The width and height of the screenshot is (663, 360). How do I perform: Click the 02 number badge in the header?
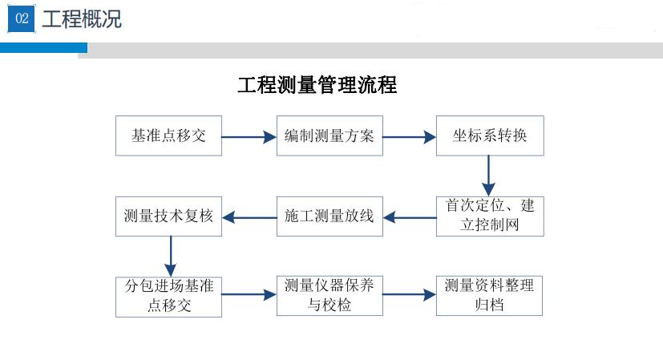click(x=22, y=20)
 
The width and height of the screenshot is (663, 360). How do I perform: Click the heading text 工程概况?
click(x=82, y=20)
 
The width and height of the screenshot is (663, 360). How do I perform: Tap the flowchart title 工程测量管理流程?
click(x=317, y=85)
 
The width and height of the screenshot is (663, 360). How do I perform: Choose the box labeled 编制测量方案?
click(x=329, y=136)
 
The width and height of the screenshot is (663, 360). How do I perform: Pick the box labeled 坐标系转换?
click(x=490, y=136)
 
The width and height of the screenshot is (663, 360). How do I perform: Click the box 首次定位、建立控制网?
click(x=490, y=216)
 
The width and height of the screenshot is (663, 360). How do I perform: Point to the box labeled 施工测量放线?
click(x=329, y=216)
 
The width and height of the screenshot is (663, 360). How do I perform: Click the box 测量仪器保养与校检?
click(x=329, y=295)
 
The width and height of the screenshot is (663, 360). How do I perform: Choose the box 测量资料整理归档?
click(x=490, y=295)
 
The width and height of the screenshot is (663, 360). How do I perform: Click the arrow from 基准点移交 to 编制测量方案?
click(x=249, y=137)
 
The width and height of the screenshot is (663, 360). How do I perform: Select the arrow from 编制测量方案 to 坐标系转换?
click(x=409, y=137)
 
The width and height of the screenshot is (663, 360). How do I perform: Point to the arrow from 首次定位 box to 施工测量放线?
click(x=410, y=216)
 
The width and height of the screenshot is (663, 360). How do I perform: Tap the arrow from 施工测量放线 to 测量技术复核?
click(x=249, y=216)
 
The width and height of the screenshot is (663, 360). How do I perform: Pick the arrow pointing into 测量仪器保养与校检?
click(x=249, y=295)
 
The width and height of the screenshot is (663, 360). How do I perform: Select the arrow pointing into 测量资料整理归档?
click(x=409, y=295)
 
